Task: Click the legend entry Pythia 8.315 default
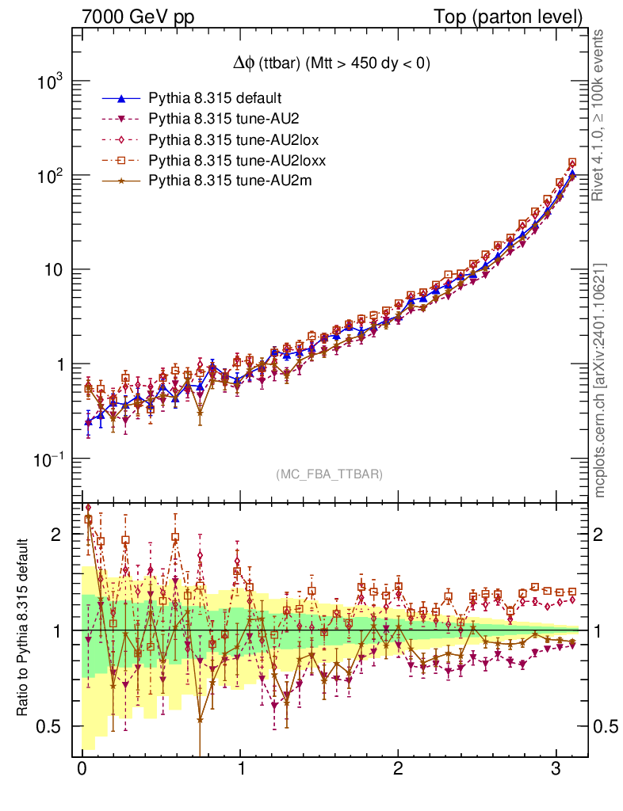(x=216, y=99)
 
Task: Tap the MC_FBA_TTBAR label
(x=329, y=474)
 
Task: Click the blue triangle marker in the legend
(x=121, y=99)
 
